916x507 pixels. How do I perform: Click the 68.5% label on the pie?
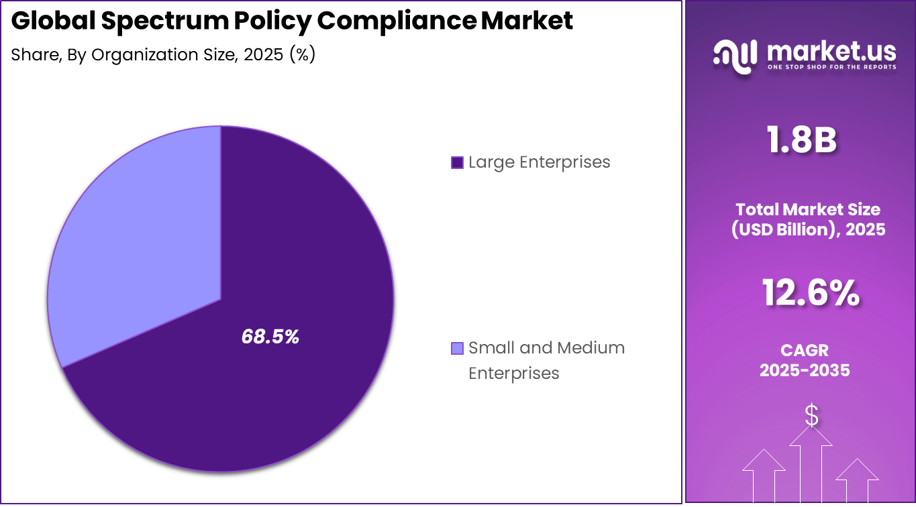[x=270, y=337]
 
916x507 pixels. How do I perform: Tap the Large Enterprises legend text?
[x=539, y=162]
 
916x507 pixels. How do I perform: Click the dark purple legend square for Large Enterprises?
[x=457, y=162]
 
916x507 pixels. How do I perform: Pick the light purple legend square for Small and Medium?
[x=457, y=348]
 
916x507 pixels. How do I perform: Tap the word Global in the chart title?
[x=53, y=21]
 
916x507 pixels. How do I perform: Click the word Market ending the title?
[x=527, y=21]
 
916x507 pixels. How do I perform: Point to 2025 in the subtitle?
[x=263, y=54]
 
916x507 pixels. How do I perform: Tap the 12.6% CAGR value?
[x=810, y=293]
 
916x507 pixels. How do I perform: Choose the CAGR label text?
[x=805, y=350]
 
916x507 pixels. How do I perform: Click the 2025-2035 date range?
[x=805, y=370]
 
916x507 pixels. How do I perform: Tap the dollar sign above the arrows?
[x=811, y=416]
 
